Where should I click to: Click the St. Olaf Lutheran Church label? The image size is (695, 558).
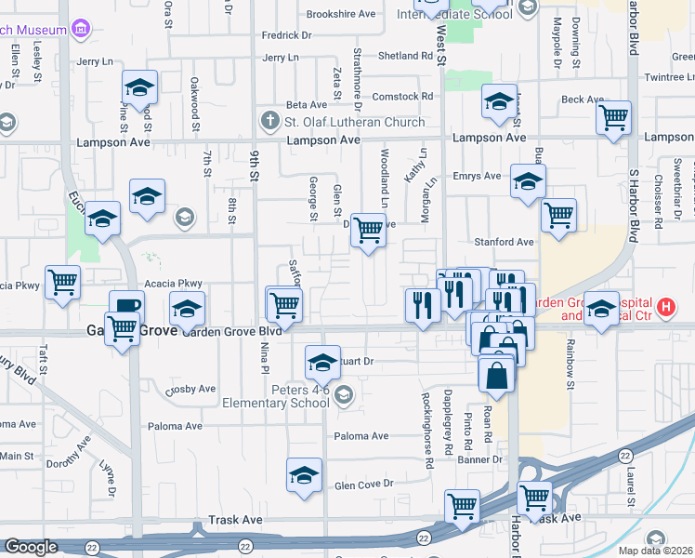click(354, 122)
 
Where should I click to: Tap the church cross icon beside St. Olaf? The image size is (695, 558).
click(269, 121)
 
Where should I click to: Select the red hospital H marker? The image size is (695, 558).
click(664, 306)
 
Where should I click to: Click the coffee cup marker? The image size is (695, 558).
click(126, 306)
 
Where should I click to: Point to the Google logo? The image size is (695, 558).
click(31, 546)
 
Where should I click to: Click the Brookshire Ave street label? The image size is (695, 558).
click(341, 14)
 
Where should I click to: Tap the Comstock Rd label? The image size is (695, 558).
click(402, 96)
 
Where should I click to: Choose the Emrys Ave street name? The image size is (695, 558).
click(477, 176)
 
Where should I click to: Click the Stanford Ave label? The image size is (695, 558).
click(505, 242)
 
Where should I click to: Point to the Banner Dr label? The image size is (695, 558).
click(479, 458)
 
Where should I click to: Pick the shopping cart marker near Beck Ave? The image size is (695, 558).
click(613, 118)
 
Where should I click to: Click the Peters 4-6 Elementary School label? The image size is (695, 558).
click(274, 395)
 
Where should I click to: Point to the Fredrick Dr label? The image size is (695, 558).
click(286, 35)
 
